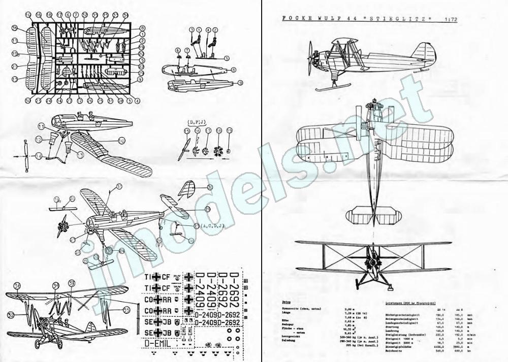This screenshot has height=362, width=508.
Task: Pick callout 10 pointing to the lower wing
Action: tap(122, 140)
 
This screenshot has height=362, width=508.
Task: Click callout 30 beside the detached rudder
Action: tap(209, 187)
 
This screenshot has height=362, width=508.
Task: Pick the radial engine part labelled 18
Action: tap(219, 151)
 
